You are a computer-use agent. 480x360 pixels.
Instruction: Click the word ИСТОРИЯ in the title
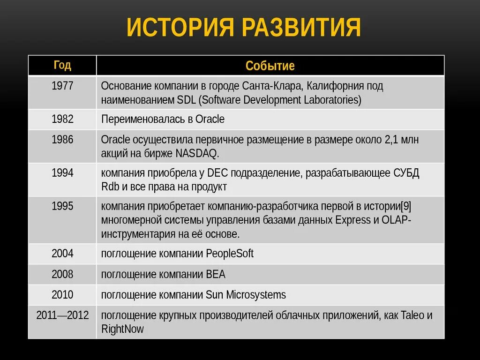pos(180,28)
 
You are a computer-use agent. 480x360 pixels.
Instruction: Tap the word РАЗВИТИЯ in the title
pos(301,28)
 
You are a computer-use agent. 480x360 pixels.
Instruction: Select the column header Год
pos(62,65)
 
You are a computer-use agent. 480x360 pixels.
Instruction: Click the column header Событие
pos(270,66)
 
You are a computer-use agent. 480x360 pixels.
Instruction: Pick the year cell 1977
pos(62,86)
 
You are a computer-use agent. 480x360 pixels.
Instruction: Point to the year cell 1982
pos(62,119)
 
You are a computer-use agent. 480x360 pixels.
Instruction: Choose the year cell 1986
pos(62,140)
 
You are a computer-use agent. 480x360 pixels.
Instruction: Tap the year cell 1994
pos(62,173)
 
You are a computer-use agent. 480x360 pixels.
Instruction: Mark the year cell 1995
pos(62,206)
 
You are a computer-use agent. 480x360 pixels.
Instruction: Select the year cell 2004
pos(62,254)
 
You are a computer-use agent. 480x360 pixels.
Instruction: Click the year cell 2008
pos(62,274)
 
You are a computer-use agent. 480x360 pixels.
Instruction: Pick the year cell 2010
pos(62,295)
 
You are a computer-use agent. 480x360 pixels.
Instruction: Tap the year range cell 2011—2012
pos(62,315)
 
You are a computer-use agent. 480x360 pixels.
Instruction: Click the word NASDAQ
pos(197,154)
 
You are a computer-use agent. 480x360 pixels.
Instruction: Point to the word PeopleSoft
pos(230,254)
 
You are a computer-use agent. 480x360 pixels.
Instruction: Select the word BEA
pos(216,275)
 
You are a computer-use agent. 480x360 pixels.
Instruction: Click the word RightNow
pos(122,329)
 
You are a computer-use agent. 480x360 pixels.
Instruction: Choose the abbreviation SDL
pos(187,100)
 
